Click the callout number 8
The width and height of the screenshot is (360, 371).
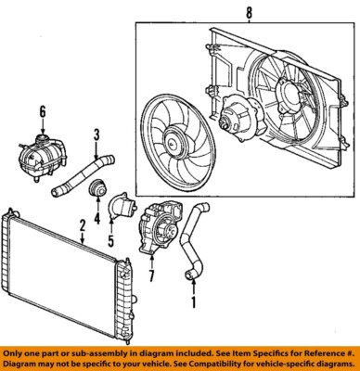click(x=248, y=14)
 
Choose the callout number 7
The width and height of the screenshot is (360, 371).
click(x=152, y=276)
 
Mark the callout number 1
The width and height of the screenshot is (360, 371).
click(x=193, y=302)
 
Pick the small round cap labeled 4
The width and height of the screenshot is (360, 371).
click(x=96, y=193)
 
